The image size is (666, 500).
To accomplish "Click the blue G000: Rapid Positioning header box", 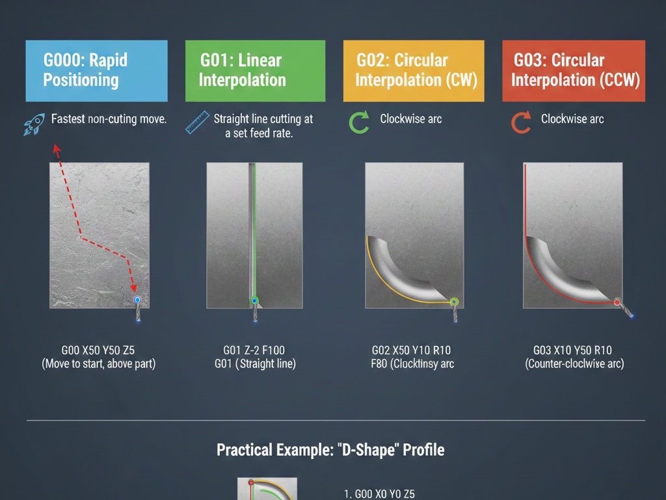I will click(96, 70).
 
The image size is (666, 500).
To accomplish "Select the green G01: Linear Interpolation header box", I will click(255, 70).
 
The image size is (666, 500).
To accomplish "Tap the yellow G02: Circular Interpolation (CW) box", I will click(414, 70).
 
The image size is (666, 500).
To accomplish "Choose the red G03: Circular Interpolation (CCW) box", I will click(574, 70).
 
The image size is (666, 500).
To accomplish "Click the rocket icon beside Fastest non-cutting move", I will click(34, 124).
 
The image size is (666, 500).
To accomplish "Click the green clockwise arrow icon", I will click(359, 122).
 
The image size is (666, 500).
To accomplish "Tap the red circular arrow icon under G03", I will click(520, 122).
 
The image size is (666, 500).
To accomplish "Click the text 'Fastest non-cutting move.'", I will click(109, 119).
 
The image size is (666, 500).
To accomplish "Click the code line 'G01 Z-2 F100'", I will click(255, 350).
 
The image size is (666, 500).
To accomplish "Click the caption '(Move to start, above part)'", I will click(99, 364).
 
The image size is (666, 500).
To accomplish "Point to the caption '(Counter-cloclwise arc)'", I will click(574, 364).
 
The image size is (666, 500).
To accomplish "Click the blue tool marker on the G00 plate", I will click(137, 300).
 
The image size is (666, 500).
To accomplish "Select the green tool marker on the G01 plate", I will click(254, 301).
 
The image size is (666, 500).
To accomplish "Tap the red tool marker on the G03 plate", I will click(617, 302).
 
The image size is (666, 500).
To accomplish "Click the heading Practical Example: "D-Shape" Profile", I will click(330, 450).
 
